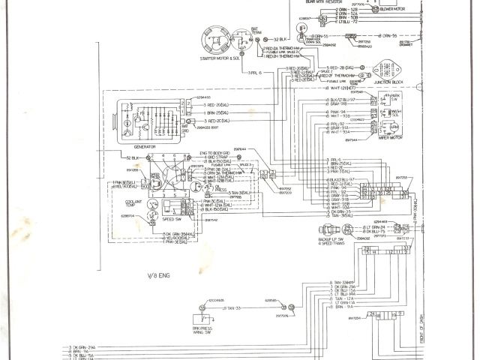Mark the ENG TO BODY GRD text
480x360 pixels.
click(x=214, y=153)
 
